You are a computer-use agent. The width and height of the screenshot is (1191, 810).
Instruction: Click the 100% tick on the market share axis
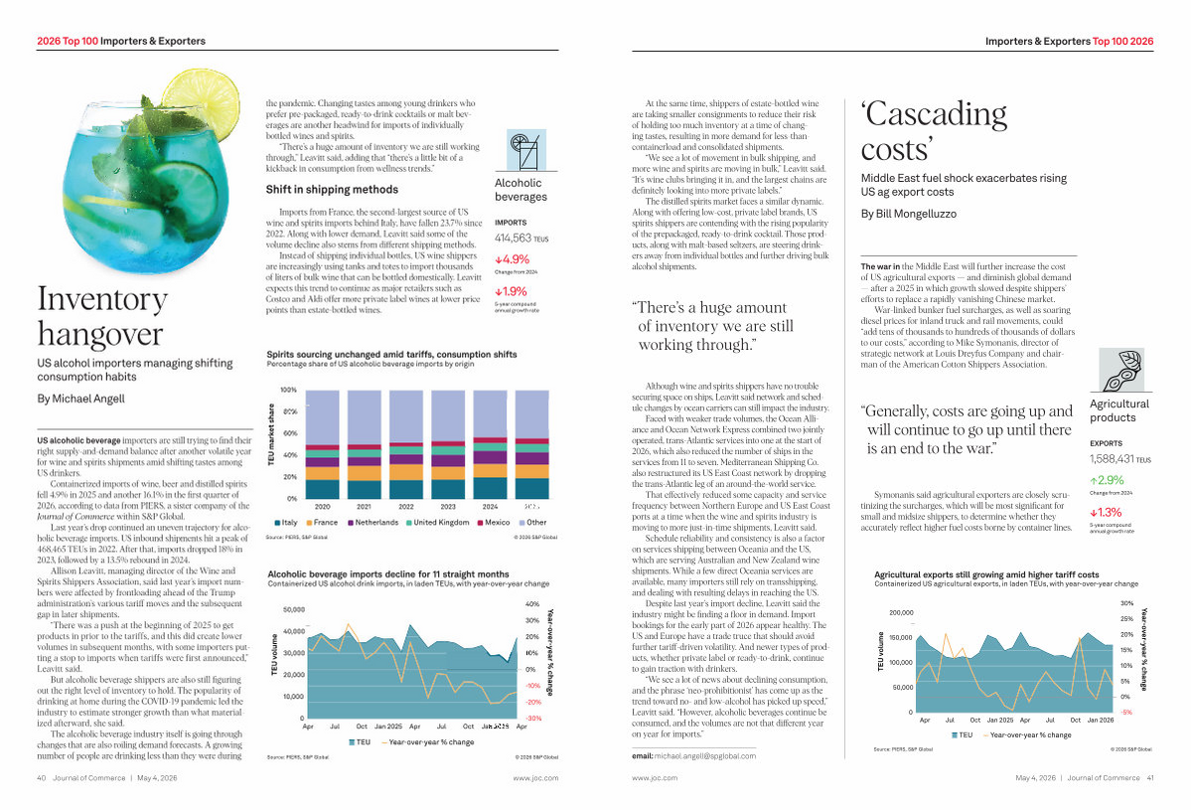pos(287,390)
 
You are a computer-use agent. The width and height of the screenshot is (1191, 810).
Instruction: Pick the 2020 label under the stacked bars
pos(322,507)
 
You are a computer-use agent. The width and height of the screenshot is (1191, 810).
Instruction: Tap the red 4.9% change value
pos(513,260)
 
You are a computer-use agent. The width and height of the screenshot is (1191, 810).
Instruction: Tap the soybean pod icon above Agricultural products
pos(1119,371)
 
